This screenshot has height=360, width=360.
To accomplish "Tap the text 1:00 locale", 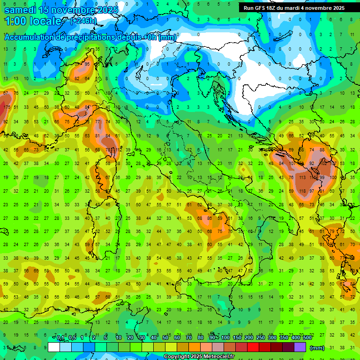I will (33, 22).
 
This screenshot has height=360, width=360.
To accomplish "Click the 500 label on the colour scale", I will (307, 338).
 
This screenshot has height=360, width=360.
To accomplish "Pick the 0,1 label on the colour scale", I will (60, 338).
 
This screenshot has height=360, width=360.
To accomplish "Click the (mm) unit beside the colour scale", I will (317, 348).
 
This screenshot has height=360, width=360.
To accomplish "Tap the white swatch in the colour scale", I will (54, 347).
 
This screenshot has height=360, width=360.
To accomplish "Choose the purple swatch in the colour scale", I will (300, 347).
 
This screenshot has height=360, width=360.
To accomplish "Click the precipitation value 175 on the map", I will (6, 107).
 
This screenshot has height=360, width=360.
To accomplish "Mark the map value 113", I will (302, 178).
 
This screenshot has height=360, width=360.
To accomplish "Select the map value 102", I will (323, 164).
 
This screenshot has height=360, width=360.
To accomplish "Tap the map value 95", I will (87, 64).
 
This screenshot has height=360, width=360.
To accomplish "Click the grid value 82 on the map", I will (77, 78).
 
